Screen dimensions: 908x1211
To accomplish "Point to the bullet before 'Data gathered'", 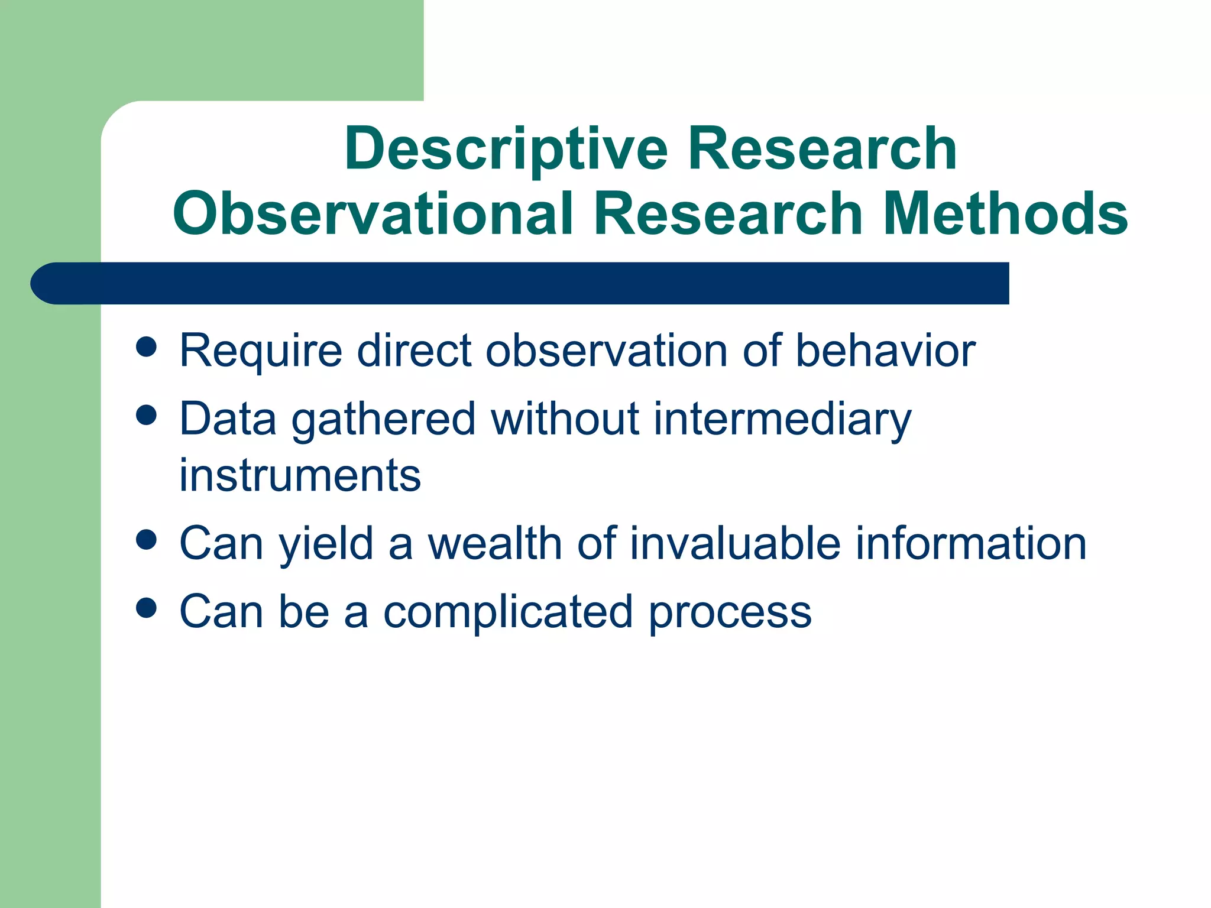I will [x=146, y=415].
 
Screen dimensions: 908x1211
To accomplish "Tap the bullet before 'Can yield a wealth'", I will [x=146, y=540].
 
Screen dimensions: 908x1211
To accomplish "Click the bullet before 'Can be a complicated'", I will [x=146, y=608].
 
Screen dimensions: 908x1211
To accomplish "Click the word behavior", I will [x=885, y=351].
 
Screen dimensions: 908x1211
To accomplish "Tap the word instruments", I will [x=300, y=476].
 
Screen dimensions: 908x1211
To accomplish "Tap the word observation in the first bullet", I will [x=606, y=351].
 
